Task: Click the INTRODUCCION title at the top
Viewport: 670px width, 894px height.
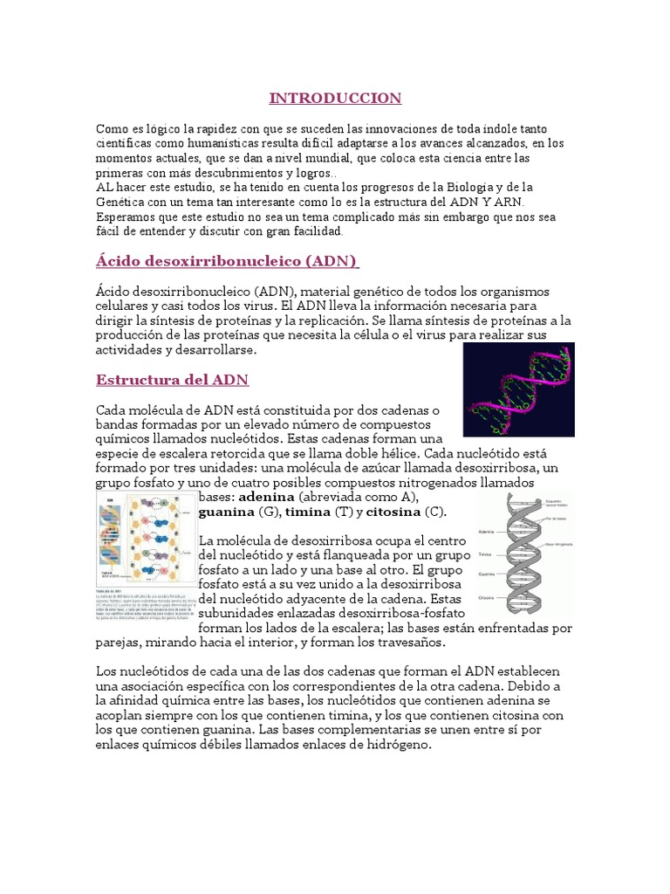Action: [x=335, y=97]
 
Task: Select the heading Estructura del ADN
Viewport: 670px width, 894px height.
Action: [x=172, y=380]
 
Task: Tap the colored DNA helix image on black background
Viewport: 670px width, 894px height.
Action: [x=518, y=389]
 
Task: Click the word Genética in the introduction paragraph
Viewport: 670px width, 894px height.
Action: [x=123, y=203]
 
